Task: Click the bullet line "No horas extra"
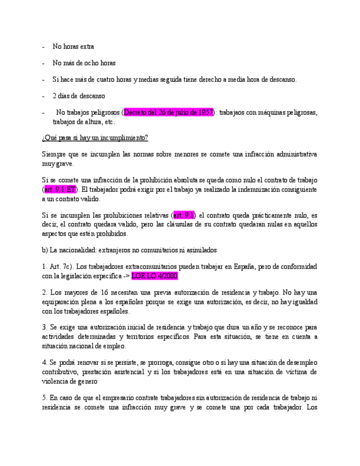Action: coord(73,47)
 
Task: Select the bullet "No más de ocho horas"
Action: coord(84,63)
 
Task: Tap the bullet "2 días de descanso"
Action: coord(79,96)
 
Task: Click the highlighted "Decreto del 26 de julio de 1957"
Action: coord(168,113)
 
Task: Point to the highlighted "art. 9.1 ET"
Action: coord(60,189)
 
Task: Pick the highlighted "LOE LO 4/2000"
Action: coord(154,276)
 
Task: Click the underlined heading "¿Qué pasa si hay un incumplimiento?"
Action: coord(95,137)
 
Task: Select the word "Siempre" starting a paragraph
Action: coord(53,154)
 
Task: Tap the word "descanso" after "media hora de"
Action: coord(280,80)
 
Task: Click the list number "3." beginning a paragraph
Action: coord(45,328)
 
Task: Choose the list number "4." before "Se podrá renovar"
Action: coord(45,363)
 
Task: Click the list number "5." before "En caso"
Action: coord(45,398)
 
